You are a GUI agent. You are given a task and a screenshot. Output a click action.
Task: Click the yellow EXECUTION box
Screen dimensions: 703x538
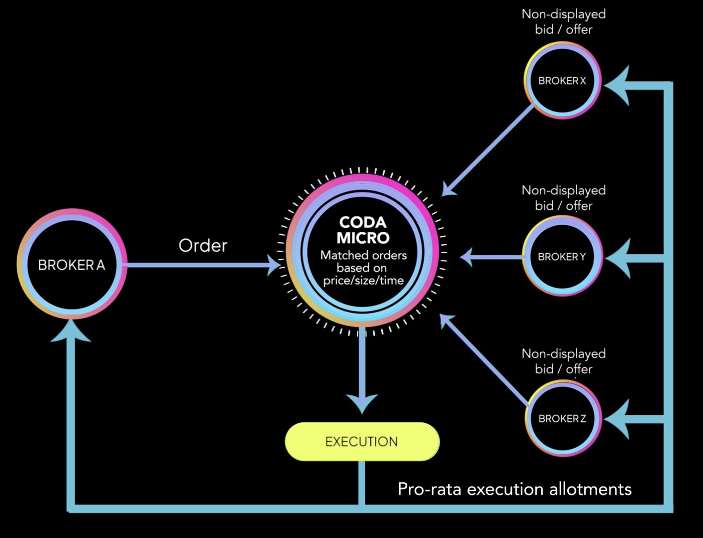tap(362, 442)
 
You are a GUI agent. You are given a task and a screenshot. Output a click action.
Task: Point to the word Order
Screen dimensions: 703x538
tap(203, 246)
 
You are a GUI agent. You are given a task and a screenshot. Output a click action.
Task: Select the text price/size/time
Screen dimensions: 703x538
tap(363, 281)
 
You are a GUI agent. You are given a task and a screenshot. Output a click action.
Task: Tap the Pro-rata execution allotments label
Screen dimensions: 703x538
tap(514, 489)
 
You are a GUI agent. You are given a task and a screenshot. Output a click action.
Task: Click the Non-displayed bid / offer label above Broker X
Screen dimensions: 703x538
tap(564, 22)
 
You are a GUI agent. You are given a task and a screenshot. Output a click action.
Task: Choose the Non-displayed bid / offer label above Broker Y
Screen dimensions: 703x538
tap(564, 198)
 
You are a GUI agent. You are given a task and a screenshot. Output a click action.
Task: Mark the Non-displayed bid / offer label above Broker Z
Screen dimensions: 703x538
tap(564, 361)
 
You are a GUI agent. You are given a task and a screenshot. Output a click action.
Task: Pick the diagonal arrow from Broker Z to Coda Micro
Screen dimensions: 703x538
tap(484, 359)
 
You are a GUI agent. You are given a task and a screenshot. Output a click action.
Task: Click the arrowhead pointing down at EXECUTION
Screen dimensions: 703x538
tap(362, 403)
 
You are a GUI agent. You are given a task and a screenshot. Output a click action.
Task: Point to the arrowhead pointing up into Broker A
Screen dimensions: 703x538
tap(71, 332)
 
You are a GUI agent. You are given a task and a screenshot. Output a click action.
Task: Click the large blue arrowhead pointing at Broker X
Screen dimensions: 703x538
tap(617, 86)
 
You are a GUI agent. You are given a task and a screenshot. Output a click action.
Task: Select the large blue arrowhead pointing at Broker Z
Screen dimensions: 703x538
tap(617, 419)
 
